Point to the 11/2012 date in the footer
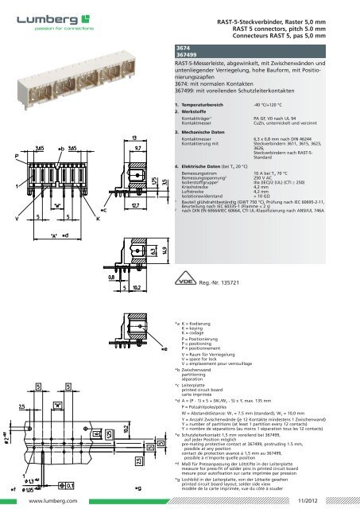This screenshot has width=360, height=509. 322,502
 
